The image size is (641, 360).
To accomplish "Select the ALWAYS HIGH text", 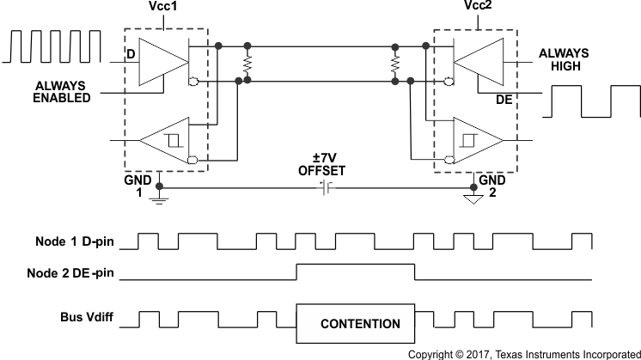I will point(565,59).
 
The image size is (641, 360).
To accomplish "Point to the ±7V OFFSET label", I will point(320,164).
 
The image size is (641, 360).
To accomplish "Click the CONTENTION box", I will point(359,324).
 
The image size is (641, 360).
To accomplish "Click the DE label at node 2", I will point(504,100).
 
